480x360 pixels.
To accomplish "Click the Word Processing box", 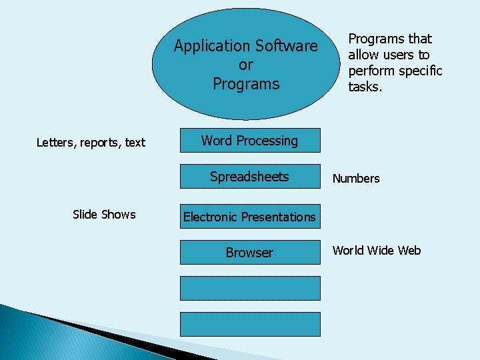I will tap(249, 141).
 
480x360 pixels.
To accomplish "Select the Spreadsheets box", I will tap(249, 177).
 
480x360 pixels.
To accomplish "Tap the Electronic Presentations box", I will tap(249, 217).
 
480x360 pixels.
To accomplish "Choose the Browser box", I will tap(249, 253).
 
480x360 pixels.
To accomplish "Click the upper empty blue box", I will tap(249, 289).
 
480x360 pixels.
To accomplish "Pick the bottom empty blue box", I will tap(249, 324).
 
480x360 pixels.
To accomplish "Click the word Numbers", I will tap(356, 179).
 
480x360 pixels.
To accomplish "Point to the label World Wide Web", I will tap(377, 251).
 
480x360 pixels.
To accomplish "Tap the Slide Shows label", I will tap(104, 215).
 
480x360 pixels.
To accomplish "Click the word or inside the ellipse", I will tap(246, 65).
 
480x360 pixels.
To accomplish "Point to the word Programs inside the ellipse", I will tap(246, 84).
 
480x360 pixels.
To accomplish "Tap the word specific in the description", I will tap(421, 71).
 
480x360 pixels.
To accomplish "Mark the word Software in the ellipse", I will tap(285, 47).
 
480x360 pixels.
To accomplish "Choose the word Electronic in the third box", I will tap(210, 217).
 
